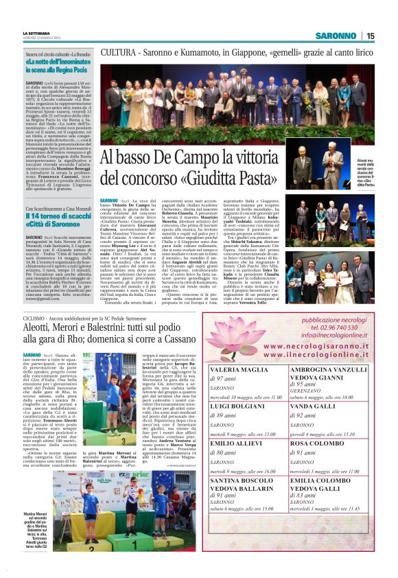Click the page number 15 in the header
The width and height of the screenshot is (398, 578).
(370, 36)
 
